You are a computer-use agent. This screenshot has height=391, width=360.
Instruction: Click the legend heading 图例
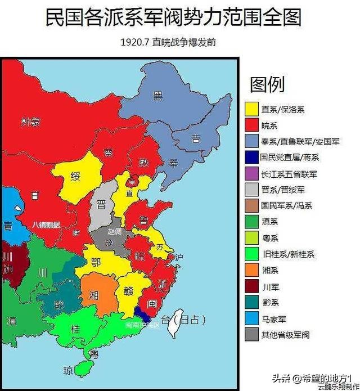(267, 84)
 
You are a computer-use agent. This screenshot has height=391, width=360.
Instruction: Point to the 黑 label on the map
(159, 96)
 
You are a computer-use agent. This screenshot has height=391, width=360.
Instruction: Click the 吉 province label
(196, 138)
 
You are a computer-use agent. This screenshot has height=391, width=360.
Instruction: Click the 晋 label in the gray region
(102, 204)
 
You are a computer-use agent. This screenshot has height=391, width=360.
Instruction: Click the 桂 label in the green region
(75, 328)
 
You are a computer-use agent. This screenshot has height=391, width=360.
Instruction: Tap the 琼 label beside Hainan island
(67, 370)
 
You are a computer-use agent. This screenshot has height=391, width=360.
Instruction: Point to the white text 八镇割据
(46, 224)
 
